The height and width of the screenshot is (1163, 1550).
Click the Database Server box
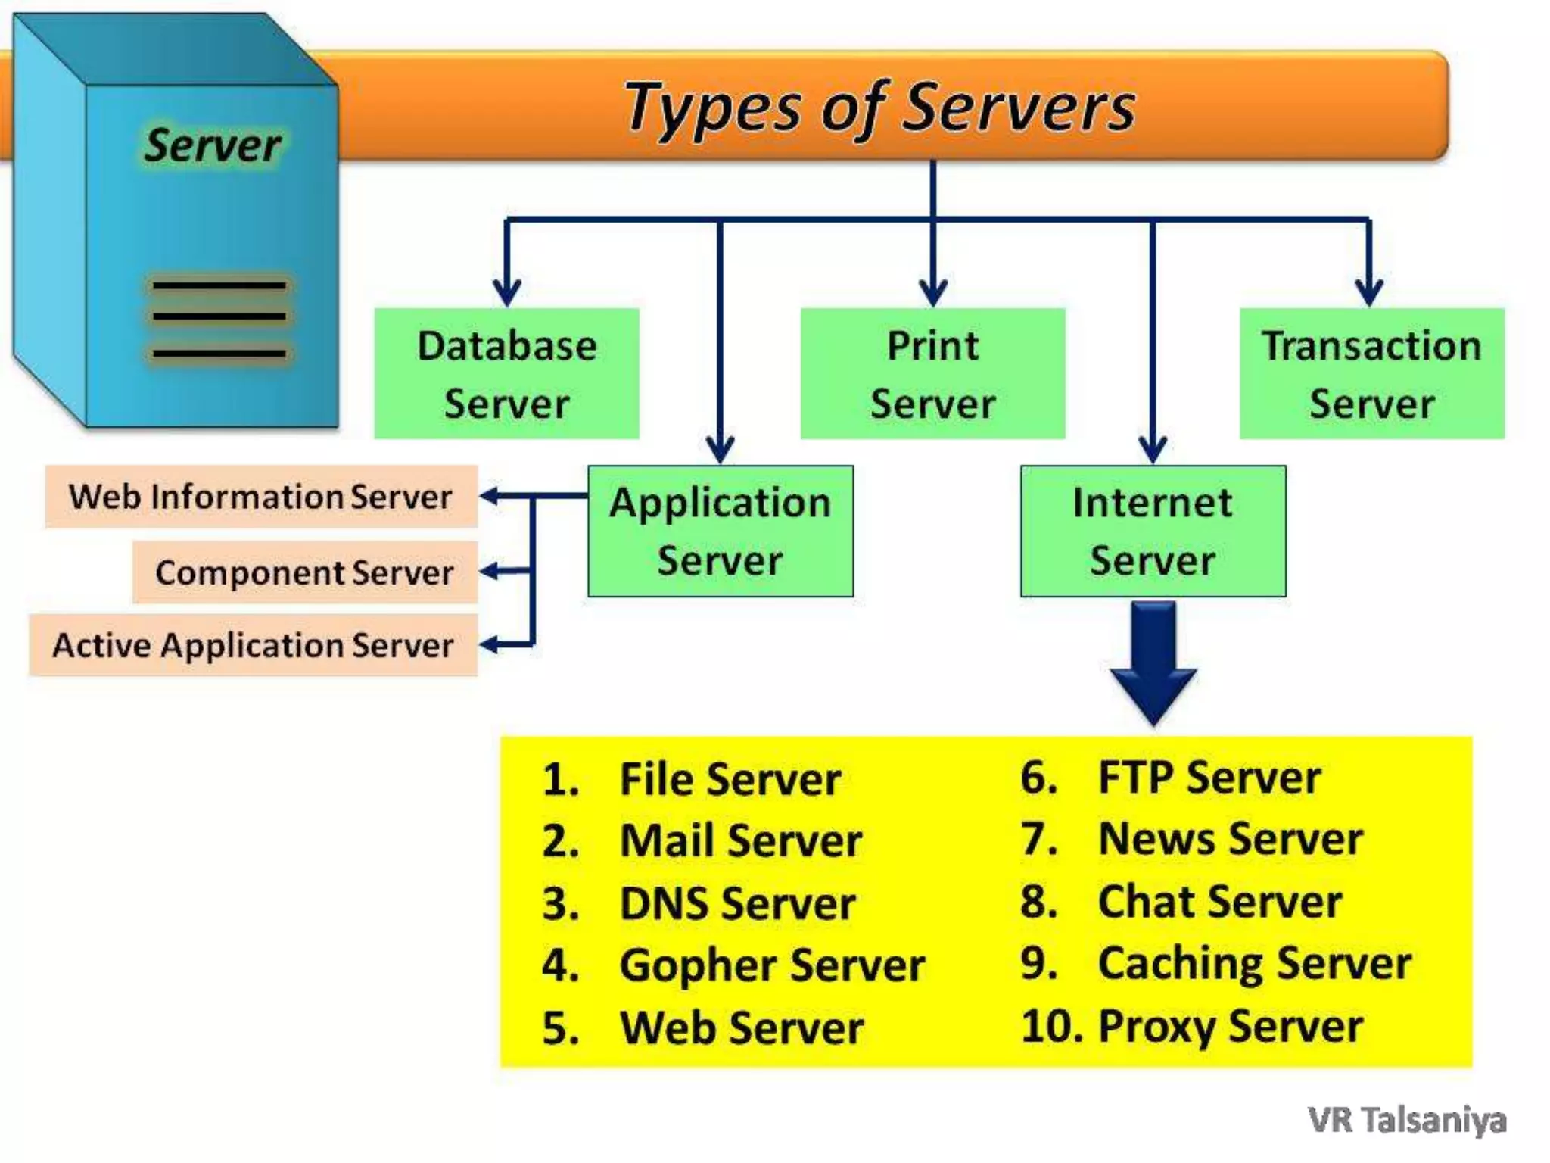(x=506, y=373)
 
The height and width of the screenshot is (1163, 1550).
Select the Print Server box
(x=932, y=373)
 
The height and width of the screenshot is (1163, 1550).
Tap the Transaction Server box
(x=1371, y=373)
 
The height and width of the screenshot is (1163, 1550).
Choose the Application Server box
(x=720, y=531)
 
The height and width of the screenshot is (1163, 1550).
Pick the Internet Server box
(x=1152, y=531)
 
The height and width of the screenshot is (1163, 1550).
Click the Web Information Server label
(x=260, y=497)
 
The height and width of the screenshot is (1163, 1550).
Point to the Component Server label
(x=304, y=572)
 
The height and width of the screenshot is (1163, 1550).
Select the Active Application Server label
(x=253, y=645)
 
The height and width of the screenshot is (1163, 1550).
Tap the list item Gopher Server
(x=771, y=965)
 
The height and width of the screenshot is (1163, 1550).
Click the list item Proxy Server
(x=1230, y=1027)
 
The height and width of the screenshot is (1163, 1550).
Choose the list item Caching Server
(x=1254, y=964)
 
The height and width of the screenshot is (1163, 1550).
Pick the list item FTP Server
(x=1209, y=778)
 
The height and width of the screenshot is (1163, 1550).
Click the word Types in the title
(x=711, y=108)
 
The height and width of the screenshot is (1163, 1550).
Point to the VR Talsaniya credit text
(x=1406, y=1120)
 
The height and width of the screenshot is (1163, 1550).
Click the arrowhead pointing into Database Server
(x=506, y=292)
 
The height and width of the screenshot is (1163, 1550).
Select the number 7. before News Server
(x=1038, y=840)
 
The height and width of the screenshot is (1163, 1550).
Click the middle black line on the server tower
(x=219, y=316)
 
